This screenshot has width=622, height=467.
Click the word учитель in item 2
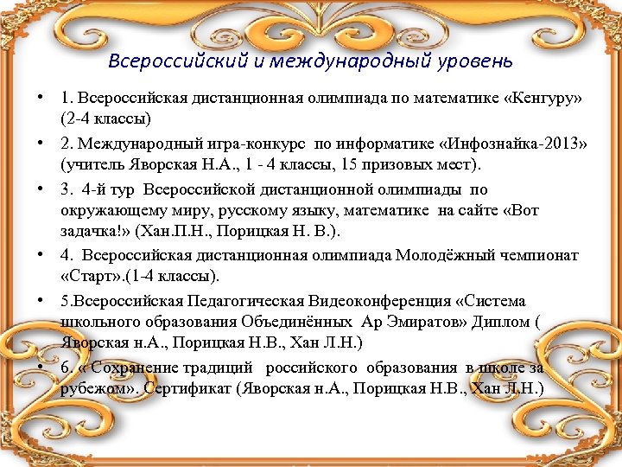(x=91, y=163)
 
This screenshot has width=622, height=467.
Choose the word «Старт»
(x=91, y=276)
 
